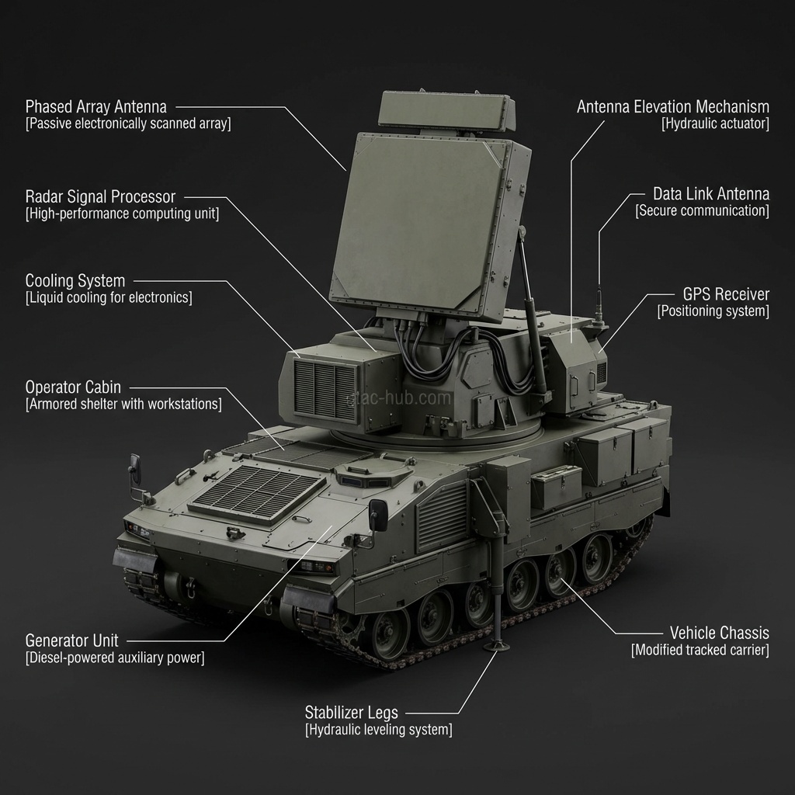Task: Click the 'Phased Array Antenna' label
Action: pyautogui.click(x=96, y=106)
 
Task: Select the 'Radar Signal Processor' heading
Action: pyautogui.click(x=100, y=196)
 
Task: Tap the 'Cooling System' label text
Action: pyautogui.click(x=75, y=280)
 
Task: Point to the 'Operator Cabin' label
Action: pyautogui.click(x=73, y=387)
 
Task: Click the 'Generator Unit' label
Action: pyautogui.click(x=72, y=641)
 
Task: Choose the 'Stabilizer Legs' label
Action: pyautogui.click(x=352, y=712)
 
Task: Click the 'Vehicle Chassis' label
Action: pyautogui.click(x=719, y=632)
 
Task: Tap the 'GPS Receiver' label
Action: pyautogui.click(x=726, y=294)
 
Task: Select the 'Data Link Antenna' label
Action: pyautogui.click(x=710, y=193)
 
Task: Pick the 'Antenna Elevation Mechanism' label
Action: pyautogui.click(x=672, y=106)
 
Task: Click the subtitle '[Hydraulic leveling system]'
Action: pyautogui.click(x=378, y=730)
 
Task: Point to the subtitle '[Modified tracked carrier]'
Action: pyautogui.click(x=700, y=650)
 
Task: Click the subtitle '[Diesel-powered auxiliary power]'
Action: pyautogui.click(x=115, y=658)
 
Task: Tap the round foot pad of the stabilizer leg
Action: pyautogui.click(x=497, y=646)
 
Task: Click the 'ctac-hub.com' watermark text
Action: pyautogui.click(x=398, y=398)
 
